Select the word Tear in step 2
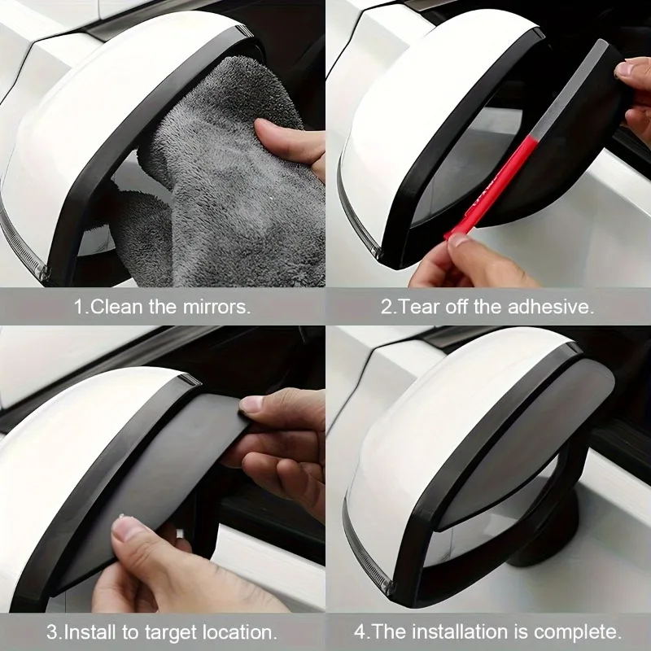tap(419, 307)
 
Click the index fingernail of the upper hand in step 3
tap(251, 404)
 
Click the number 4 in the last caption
tap(360, 632)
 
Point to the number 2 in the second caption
tap(386, 308)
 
